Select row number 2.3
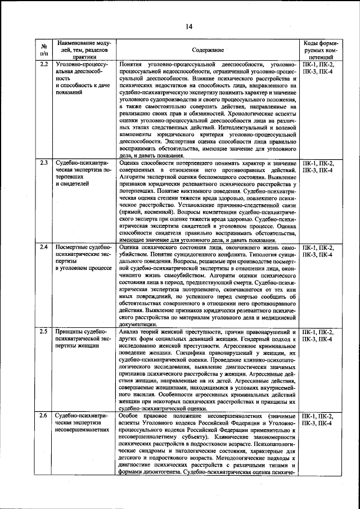click(44, 163)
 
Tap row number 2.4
click(44, 247)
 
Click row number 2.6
click(44, 416)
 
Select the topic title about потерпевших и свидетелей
click(82, 173)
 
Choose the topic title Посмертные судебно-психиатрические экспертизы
click(82, 257)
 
